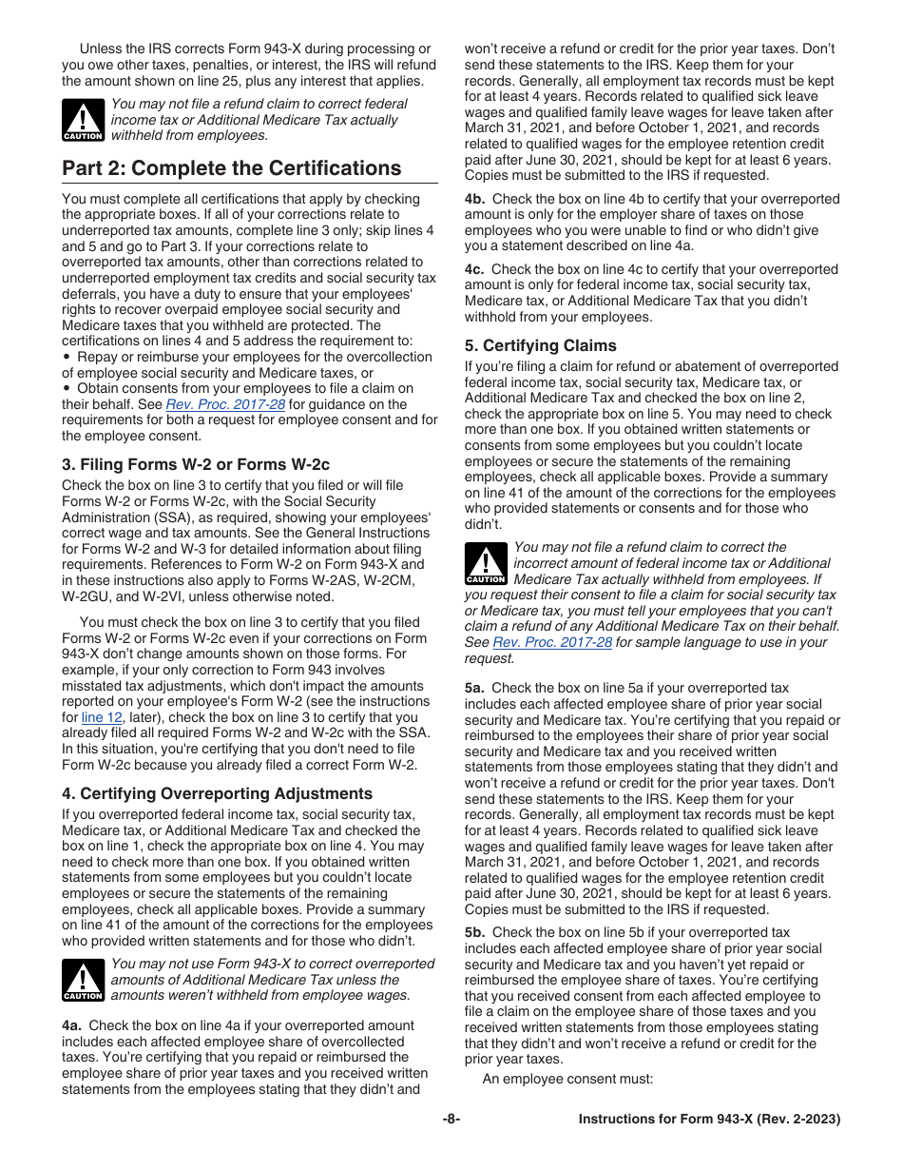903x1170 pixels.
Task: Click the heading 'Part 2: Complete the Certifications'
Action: click(x=231, y=168)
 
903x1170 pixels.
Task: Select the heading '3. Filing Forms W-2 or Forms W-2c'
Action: click(x=196, y=464)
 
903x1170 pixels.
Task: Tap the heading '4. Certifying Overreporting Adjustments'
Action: click(x=217, y=793)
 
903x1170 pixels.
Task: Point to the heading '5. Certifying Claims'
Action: click(x=540, y=345)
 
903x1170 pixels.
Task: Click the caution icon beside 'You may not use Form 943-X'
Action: click(x=83, y=980)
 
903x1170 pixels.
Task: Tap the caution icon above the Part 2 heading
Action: click(x=83, y=120)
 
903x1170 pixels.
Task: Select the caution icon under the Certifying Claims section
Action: click(x=486, y=563)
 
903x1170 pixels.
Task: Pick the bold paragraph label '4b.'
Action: click(x=475, y=199)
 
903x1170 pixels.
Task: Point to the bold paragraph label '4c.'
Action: click(x=474, y=269)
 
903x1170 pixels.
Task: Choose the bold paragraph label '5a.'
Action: click(x=475, y=688)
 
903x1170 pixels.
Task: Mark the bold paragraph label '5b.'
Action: click(x=475, y=932)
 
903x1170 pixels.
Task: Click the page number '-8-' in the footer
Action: click(x=451, y=1120)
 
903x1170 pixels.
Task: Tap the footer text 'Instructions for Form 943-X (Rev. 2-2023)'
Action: click(x=709, y=1120)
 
